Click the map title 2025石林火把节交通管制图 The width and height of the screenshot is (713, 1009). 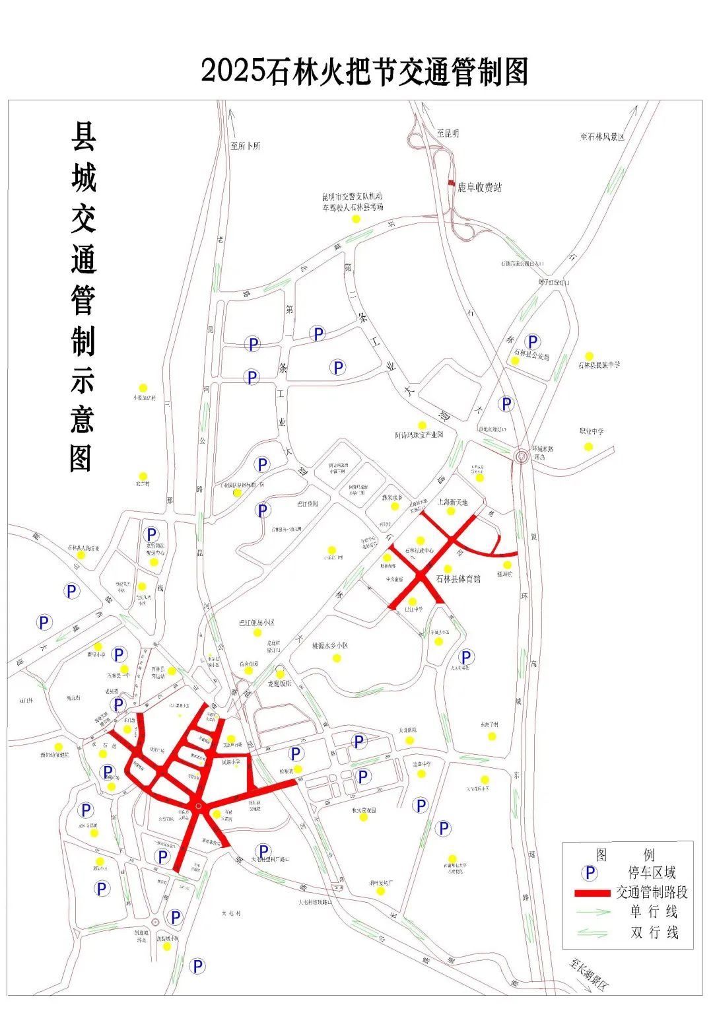[x=364, y=71]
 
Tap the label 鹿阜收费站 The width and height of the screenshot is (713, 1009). [x=480, y=188]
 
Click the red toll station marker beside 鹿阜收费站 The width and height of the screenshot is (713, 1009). [x=451, y=182]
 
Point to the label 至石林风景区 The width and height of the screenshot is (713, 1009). [x=602, y=137]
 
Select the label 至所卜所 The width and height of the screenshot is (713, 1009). [x=246, y=145]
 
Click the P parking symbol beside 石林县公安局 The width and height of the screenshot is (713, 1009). [x=533, y=341]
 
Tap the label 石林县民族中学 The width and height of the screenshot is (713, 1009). [x=599, y=365]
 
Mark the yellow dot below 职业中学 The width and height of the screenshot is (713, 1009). [x=588, y=446]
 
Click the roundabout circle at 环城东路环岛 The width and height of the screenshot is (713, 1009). [x=522, y=455]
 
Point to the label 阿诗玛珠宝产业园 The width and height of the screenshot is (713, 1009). [x=419, y=435]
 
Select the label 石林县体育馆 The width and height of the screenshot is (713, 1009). [x=458, y=578]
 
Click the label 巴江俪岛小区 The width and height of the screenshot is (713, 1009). [x=257, y=623]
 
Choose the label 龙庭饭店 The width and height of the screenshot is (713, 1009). [x=279, y=683]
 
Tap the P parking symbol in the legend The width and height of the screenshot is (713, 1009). [x=590, y=873]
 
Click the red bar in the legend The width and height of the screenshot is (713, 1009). [x=592, y=893]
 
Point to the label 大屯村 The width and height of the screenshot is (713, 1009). [x=232, y=913]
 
